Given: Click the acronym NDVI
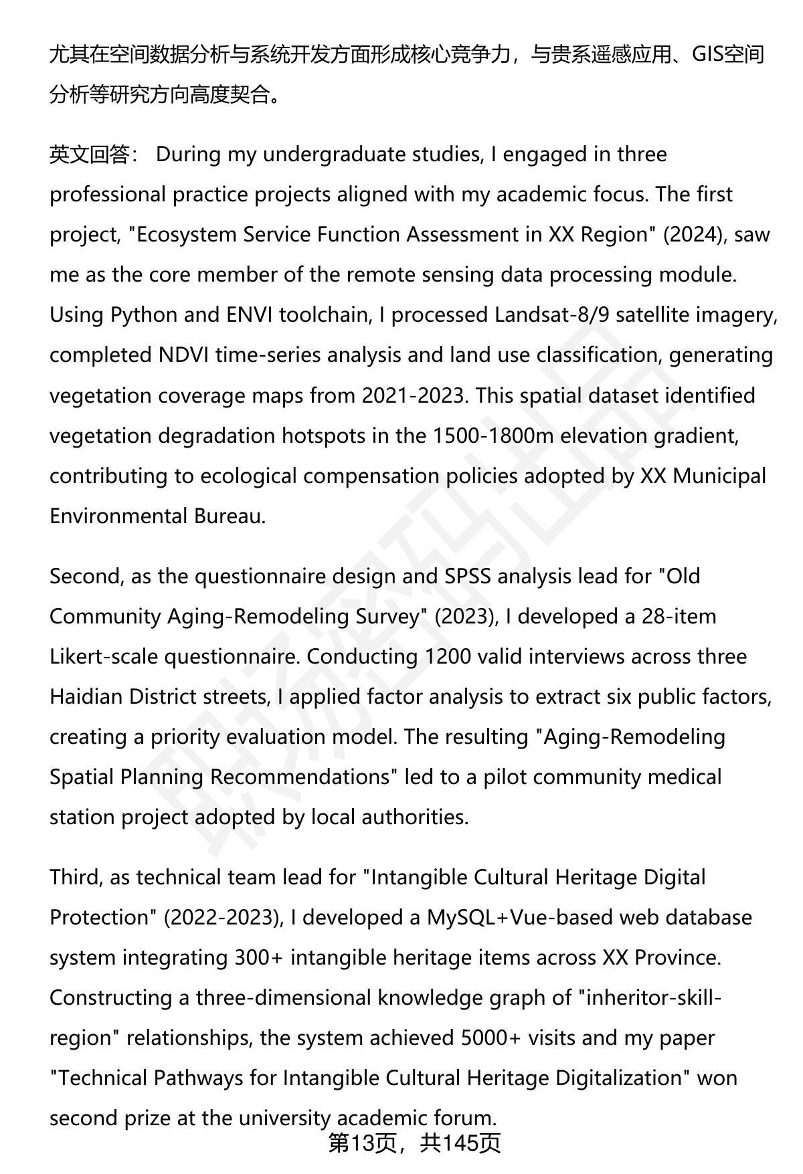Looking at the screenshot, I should coord(183,355).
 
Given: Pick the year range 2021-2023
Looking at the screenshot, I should coord(413,395).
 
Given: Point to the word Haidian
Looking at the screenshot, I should coord(86,696).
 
